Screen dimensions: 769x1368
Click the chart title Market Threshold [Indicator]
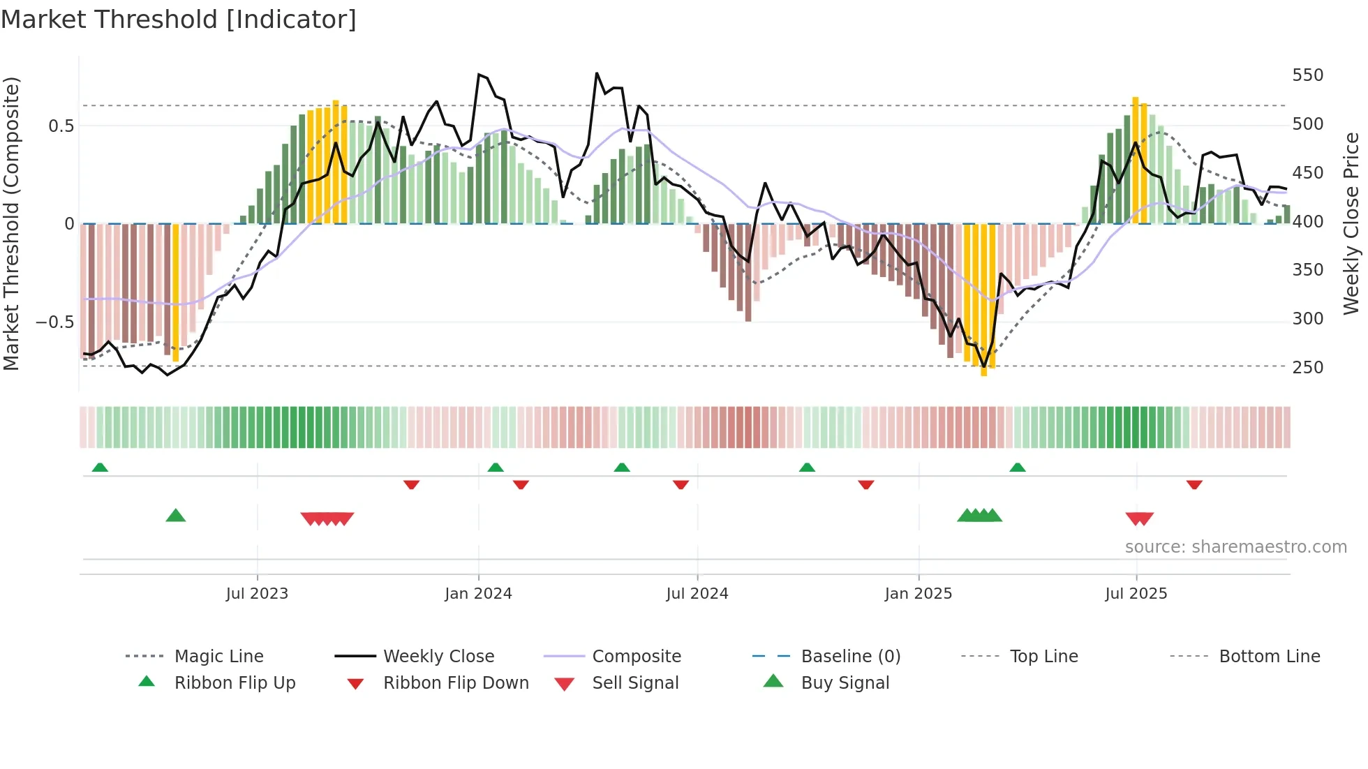179,20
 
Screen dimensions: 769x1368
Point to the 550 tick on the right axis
1307,75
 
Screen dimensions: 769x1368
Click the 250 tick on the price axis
1307,367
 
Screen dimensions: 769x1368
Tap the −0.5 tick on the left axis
54,322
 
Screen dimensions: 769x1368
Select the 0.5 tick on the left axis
61,126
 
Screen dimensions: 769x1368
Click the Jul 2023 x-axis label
257,594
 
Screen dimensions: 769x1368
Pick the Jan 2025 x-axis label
918,594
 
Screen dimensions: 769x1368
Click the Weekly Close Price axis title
1351,223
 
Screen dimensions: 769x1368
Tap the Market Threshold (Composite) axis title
11,223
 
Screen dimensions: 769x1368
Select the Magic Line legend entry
218,657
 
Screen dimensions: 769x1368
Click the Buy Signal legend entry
845,683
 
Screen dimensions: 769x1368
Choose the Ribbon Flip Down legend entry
456,683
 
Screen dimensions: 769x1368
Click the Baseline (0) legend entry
850,657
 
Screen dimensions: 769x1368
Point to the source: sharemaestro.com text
1235,547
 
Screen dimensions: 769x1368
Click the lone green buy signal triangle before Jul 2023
176,516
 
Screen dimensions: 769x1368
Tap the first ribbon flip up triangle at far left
100,467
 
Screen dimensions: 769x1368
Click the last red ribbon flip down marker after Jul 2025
1194,484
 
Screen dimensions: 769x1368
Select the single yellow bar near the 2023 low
176,293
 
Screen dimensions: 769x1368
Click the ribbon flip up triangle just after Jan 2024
496,467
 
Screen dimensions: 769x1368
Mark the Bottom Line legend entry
1269,657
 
